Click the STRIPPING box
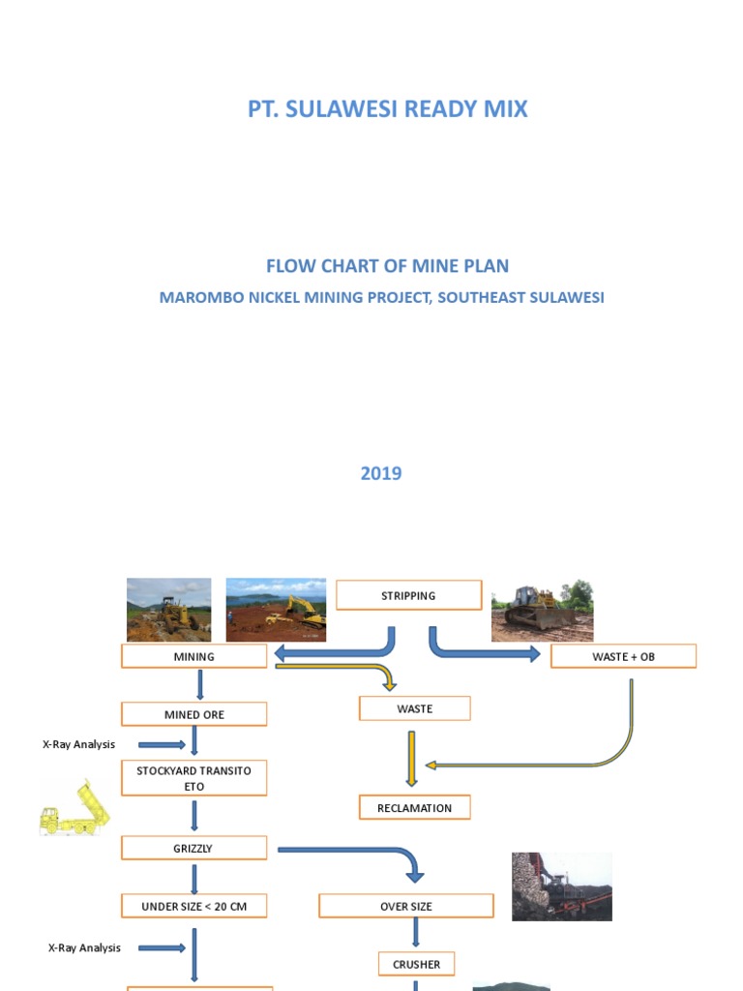(408, 595)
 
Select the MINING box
(193, 656)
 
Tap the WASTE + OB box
(623, 656)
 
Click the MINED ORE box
(193, 714)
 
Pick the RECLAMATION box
(414, 807)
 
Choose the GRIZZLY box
(193, 848)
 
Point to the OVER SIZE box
(406, 906)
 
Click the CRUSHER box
(416, 964)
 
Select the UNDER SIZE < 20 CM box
(193, 906)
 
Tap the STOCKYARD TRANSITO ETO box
(193, 778)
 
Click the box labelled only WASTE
(414, 708)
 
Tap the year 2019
(381, 473)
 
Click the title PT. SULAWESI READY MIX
(387, 108)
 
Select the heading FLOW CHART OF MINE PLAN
(387, 266)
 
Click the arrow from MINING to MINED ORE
(200, 685)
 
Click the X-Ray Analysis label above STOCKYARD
(79, 744)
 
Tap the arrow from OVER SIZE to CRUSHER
(416, 933)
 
